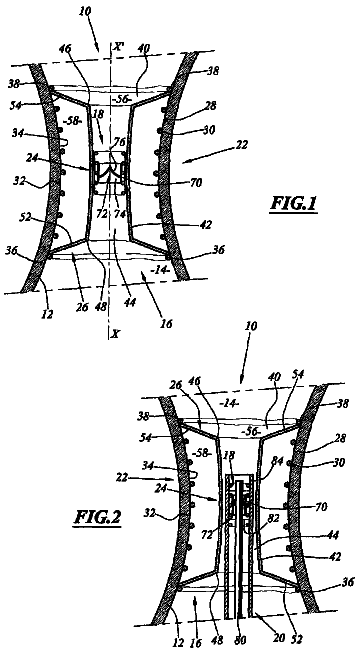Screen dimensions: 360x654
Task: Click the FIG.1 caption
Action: click(294, 204)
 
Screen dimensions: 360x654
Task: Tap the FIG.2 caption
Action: click(98, 517)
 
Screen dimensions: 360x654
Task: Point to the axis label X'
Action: click(119, 47)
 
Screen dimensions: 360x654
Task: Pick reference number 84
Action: click(267, 461)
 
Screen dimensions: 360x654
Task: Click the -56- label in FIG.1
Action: click(123, 98)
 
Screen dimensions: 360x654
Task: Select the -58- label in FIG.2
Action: click(201, 453)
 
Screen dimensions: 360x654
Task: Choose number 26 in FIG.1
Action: click(83, 307)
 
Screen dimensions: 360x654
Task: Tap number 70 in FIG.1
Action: click(196, 182)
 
